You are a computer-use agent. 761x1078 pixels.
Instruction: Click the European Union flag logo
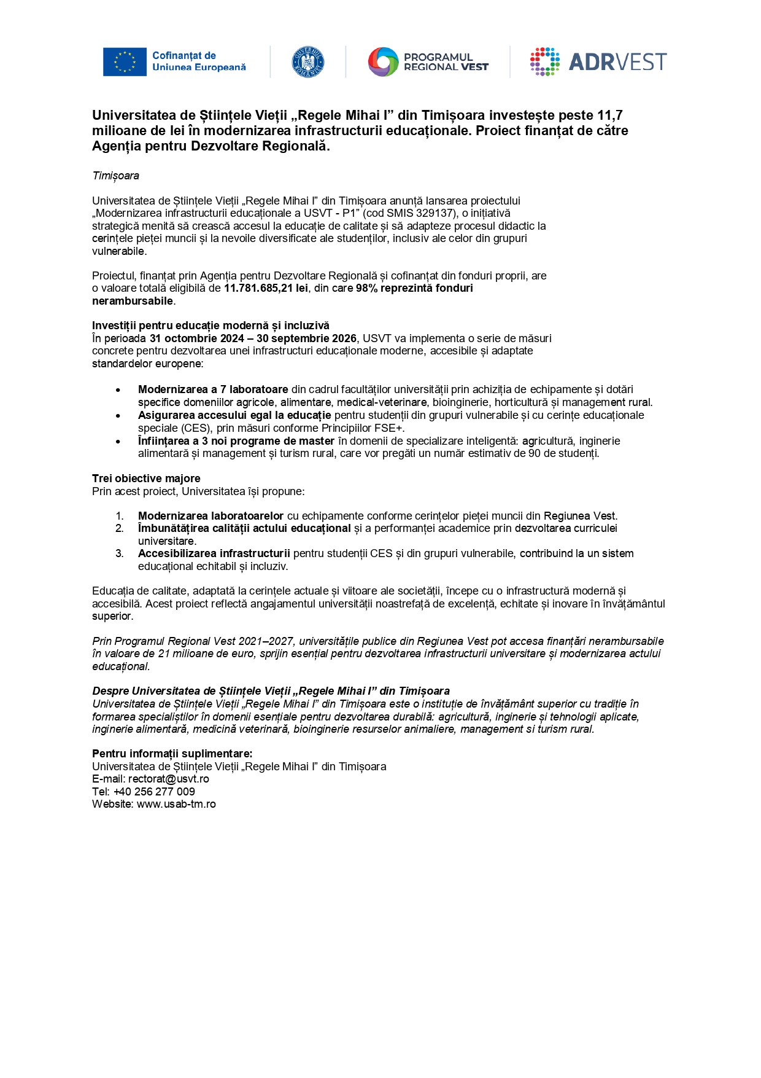point(125,62)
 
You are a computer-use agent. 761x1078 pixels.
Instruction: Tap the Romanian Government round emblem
point(308,62)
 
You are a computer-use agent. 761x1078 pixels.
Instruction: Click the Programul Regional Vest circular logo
point(384,62)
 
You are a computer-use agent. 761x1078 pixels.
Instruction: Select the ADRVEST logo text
point(617,62)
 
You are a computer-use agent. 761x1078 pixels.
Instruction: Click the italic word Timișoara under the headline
point(115,176)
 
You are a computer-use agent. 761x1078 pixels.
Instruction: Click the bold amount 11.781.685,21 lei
point(266,288)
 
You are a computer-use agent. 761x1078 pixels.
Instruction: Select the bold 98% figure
point(366,288)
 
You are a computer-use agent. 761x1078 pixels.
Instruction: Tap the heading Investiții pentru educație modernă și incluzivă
point(211,326)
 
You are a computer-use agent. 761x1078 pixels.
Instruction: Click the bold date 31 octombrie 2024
point(196,338)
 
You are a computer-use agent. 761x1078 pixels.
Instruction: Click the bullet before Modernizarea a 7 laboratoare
point(118,390)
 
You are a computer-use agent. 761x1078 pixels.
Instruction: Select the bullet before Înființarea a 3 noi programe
point(118,442)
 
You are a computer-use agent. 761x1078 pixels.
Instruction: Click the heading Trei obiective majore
point(146,478)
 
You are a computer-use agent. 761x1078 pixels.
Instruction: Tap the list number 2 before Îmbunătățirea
point(119,528)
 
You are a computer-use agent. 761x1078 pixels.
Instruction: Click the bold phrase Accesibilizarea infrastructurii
point(214,553)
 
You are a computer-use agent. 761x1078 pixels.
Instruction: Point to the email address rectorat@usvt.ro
point(168,779)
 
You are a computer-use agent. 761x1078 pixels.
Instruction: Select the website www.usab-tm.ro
point(176,804)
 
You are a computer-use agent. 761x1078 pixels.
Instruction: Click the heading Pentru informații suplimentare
point(172,754)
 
